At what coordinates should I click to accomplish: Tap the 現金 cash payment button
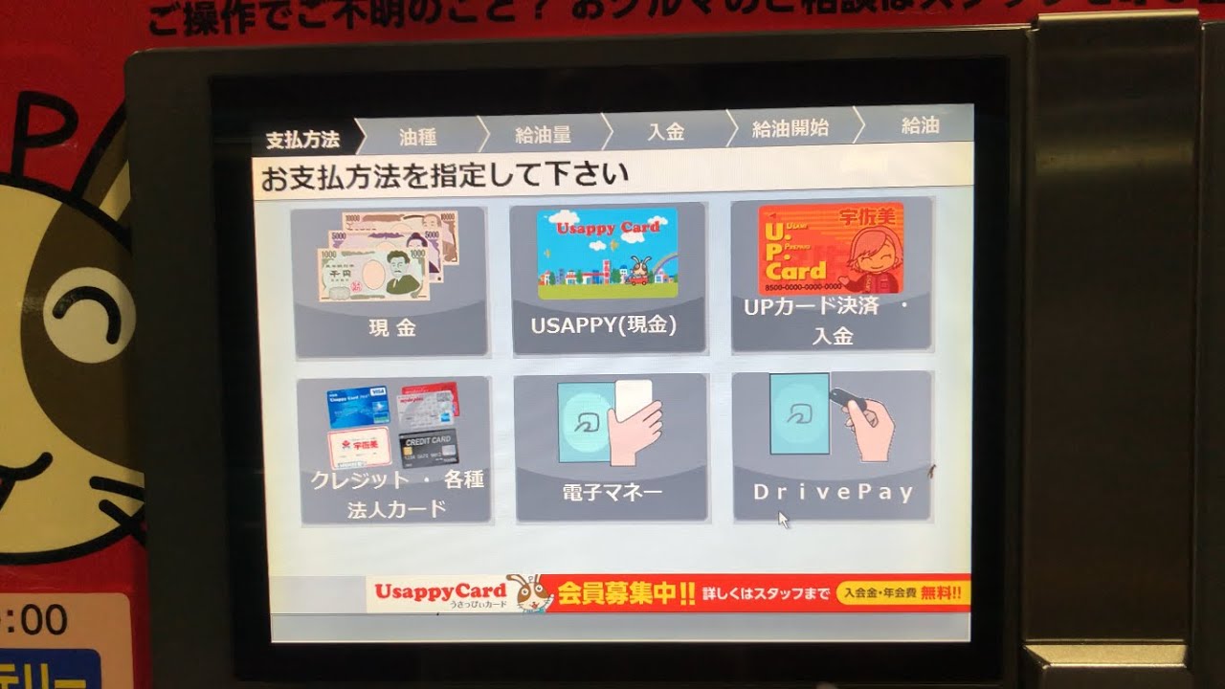click(390, 281)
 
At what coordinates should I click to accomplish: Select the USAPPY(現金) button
click(608, 278)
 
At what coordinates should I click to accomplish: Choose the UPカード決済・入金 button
click(831, 276)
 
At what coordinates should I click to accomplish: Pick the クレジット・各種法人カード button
click(394, 450)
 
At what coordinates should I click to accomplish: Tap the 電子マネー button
click(612, 448)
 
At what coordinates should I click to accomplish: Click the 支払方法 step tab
click(302, 139)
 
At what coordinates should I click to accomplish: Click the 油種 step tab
click(418, 136)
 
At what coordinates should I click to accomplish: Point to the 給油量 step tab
click(543, 134)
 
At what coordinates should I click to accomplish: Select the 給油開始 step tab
click(790, 128)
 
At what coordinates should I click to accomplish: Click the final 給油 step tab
click(920, 125)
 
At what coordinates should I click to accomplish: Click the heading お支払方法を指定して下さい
click(445, 176)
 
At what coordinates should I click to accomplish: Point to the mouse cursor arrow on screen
click(783, 520)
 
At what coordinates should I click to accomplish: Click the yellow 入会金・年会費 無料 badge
click(902, 593)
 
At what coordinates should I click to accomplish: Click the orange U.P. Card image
click(831, 249)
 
